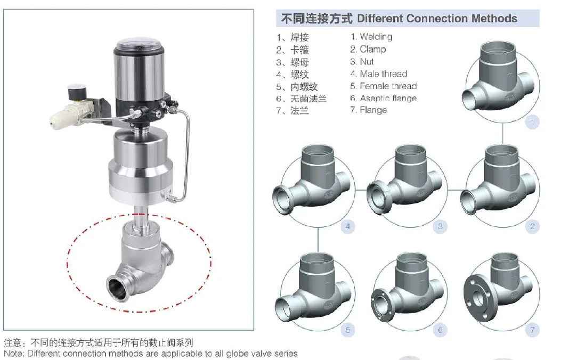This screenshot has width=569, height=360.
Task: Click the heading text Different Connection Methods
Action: (437, 19)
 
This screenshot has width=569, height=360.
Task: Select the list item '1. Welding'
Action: (371, 37)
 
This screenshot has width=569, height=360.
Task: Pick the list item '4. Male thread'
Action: (378, 74)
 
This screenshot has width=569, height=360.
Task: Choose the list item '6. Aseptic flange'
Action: (383, 98)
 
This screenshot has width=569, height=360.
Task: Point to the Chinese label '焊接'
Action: (299, 37)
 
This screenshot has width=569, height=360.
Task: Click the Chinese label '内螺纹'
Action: (304, 86)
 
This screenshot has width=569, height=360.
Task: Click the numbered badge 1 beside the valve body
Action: (532, 122)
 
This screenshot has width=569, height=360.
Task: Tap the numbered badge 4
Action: (348, 227)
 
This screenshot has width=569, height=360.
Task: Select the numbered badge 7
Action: (532, 330)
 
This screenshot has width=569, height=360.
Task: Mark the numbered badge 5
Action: (348, 330)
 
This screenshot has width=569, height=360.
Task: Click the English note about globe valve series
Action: (151, 353)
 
